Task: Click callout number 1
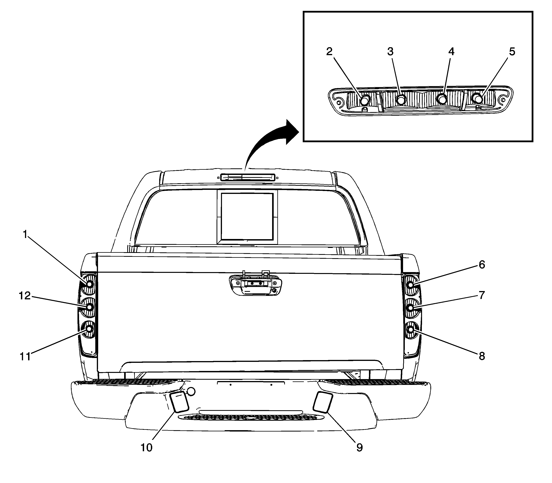(25, 235)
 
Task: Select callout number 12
(25, 296)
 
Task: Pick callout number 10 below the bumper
(146, 448)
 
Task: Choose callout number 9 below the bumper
(359, 448)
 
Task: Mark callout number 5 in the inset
(512, 51)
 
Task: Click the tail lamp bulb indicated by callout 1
(89, 284)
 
